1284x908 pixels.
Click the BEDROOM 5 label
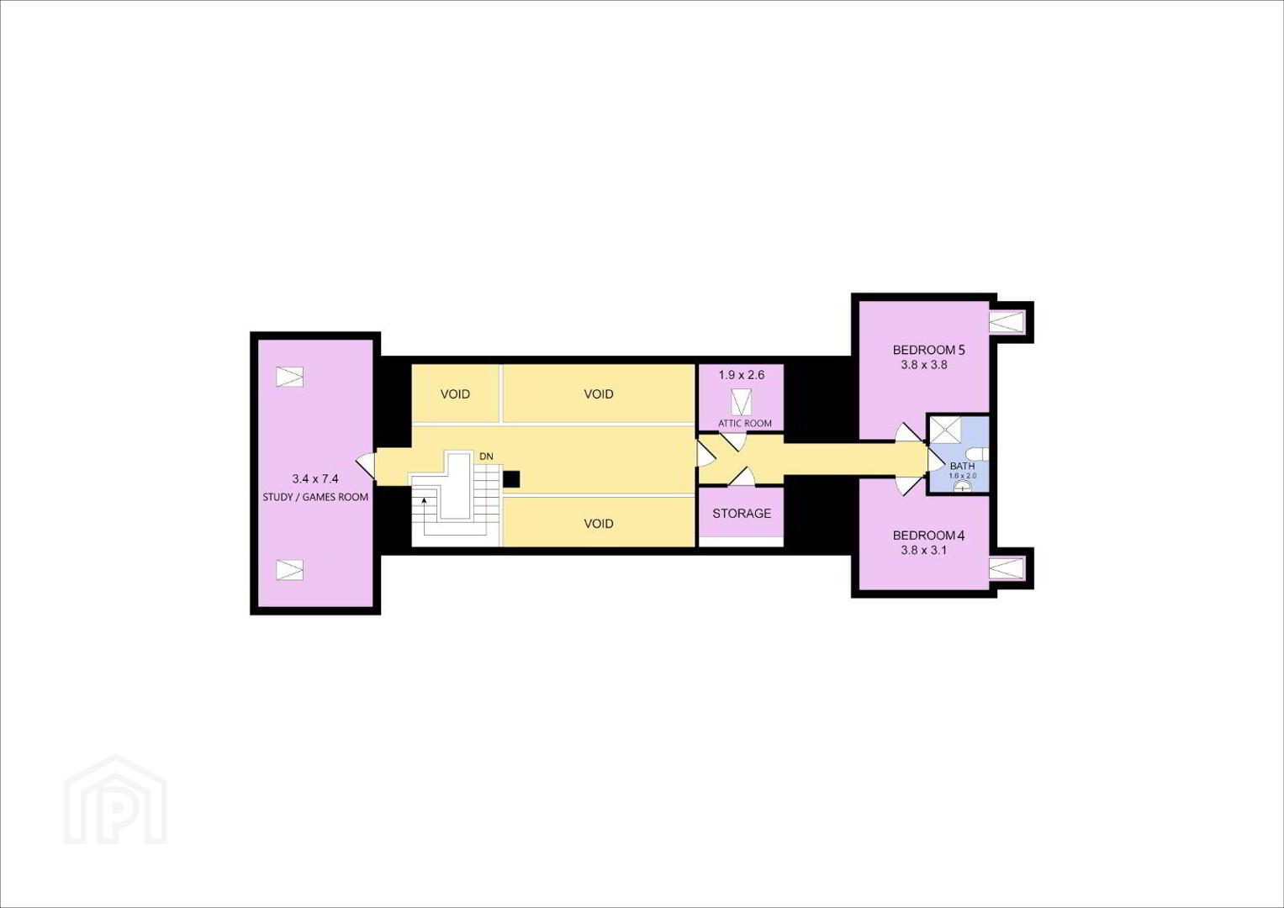click(x=928, y=350)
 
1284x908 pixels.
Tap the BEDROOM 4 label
click(x=928, y=536)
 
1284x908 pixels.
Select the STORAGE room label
click(x=741, y=513)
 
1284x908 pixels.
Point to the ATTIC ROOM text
click(x=745, y=424)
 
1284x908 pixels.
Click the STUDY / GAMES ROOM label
click(x=315, y=497)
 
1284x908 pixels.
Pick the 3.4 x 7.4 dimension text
click(x=315, y=478)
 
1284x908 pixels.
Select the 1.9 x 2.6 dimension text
click(x=741, y=375)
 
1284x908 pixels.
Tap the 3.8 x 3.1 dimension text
click(x=923, y=551)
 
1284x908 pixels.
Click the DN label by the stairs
click(x=486, y=457)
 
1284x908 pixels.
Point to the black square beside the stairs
click(x=511, y=479)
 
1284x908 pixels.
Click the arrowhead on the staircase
click(x=424, y=500)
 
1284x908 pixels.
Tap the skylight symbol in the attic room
click(x=741, y=402)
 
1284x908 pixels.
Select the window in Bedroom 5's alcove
click(x=1007, y=321)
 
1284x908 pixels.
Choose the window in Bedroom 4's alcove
click(x=1007, y=568)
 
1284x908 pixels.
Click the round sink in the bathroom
click(x=963, y=487)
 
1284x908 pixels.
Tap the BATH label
click(x=963, y=466)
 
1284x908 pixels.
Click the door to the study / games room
click(x=367, y=466)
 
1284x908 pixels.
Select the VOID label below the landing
click(x=599, y=523)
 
